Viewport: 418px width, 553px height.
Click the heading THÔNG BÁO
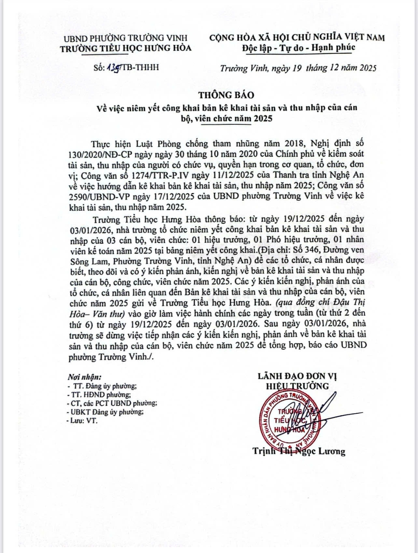coord(226,95)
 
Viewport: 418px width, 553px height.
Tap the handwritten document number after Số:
coord(113,67)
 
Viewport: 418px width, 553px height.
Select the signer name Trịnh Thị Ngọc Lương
coord(299,451)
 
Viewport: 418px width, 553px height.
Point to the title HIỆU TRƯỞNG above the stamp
coord(297,386)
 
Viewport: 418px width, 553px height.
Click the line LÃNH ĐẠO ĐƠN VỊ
coord(297,376)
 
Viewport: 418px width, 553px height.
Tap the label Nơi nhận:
coord(84,377)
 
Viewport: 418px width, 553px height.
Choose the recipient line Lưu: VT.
coord(83,421)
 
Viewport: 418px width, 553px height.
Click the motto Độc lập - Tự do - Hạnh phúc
coord(299,48)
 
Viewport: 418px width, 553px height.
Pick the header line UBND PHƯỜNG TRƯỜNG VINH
coord(125,38)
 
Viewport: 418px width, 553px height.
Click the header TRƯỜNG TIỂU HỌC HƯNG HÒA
coord(126,48)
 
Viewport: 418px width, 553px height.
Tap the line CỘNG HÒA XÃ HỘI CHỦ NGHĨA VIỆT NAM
coord(297,37)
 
